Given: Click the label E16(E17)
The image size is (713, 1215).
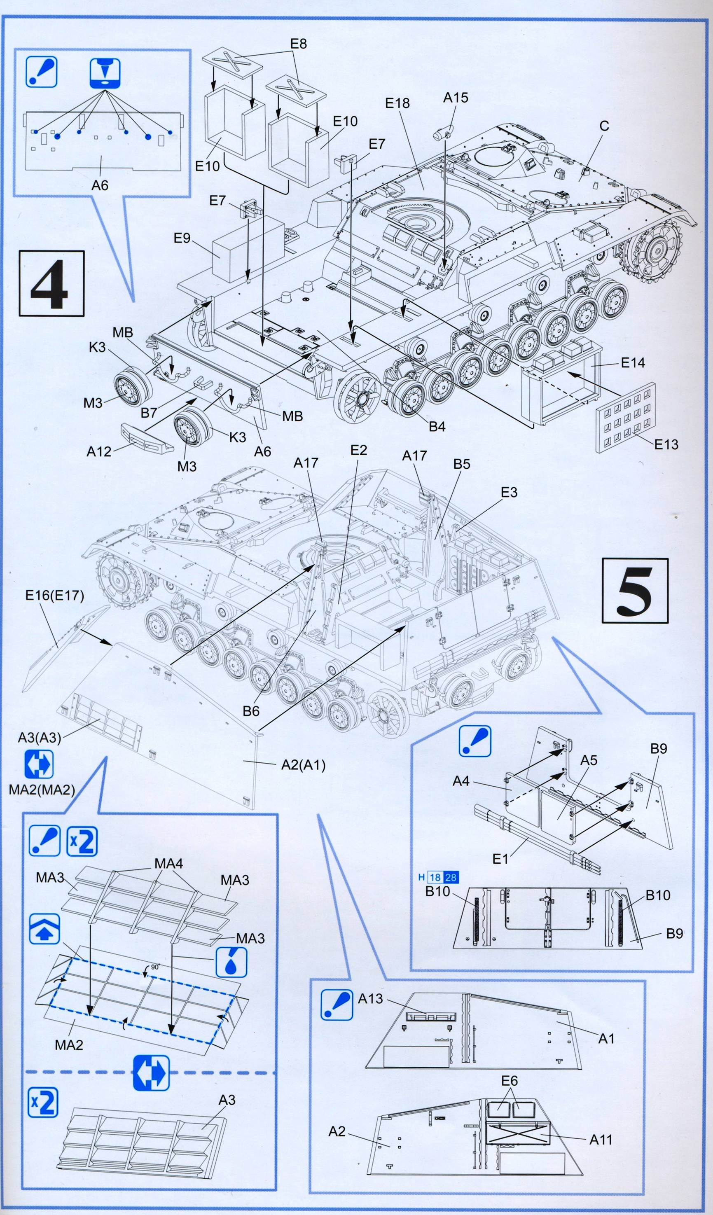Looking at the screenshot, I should tap(55, 596).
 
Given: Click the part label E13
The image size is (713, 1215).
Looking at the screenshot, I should tap(666, 444).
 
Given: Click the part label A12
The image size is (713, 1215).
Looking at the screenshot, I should tap(99, 451).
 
